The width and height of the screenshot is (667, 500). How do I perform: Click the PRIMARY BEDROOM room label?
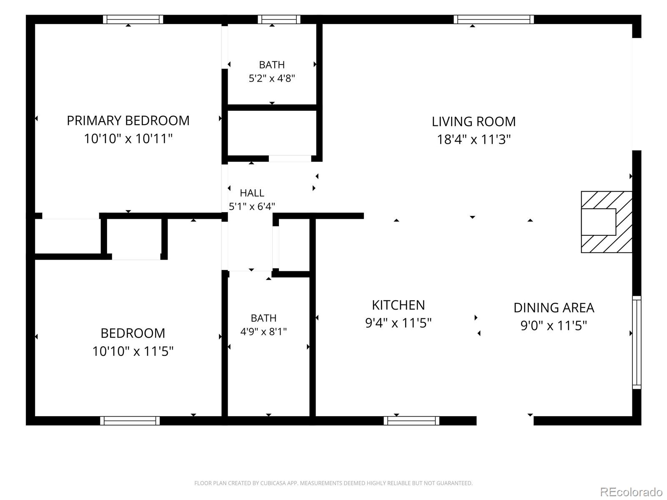128,120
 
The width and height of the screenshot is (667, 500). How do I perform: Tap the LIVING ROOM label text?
474,121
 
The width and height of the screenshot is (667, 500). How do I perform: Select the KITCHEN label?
399,305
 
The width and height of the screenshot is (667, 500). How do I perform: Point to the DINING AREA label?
554,307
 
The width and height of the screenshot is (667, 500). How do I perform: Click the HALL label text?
252,193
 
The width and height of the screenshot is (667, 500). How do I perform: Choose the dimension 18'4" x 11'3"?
474,139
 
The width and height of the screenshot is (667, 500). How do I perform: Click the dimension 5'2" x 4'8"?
272,78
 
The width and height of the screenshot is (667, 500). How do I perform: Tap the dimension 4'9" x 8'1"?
263,332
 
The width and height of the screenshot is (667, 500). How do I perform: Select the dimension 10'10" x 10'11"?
128,138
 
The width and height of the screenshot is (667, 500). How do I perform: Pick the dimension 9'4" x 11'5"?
399,322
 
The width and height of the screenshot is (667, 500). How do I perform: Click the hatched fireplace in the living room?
607,222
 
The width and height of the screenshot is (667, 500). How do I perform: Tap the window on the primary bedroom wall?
133,20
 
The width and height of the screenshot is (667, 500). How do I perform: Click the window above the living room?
494,20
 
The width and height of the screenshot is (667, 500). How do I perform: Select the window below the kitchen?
411,421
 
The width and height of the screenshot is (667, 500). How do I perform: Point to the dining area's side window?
637,342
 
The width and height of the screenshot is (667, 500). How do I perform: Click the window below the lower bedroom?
130,421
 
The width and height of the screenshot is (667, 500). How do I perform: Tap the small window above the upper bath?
279,20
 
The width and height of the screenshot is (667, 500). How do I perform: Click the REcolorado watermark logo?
632,492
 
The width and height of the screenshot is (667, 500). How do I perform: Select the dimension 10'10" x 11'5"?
133,351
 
